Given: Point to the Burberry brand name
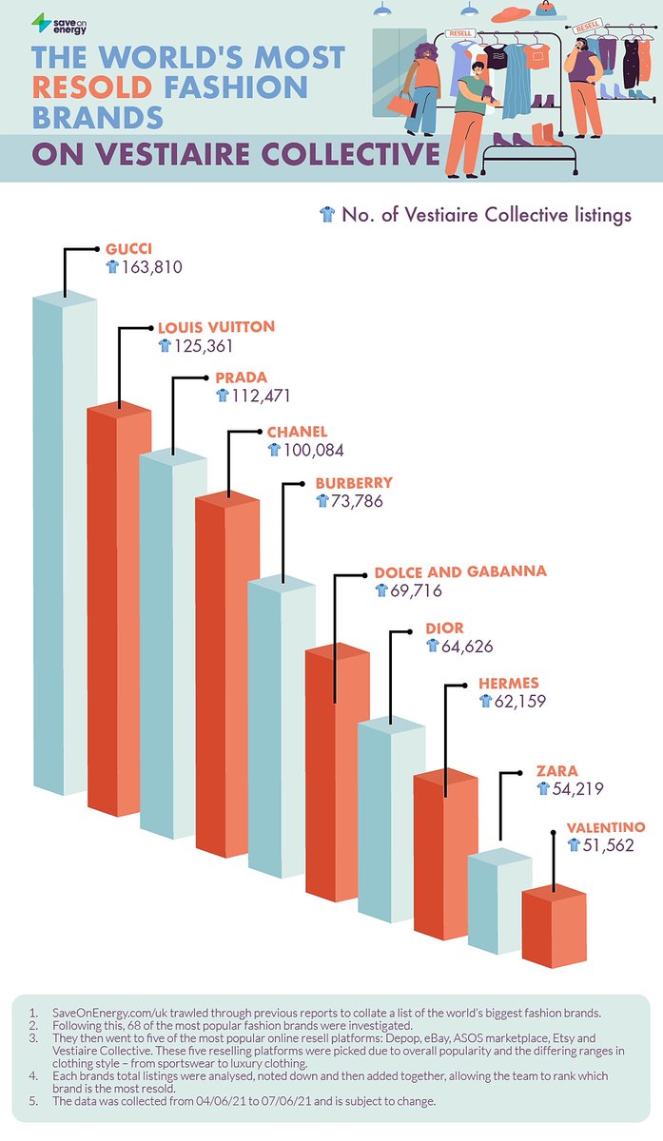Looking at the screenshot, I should [354, 483].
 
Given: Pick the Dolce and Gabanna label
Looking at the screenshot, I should [461, 571].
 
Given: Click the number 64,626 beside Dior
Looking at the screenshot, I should [466, 647].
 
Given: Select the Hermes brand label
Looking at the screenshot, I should [510, 683].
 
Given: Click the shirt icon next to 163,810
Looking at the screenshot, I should [112, 268].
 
